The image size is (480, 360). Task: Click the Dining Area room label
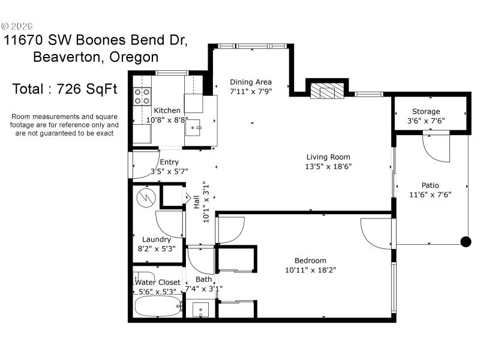251,82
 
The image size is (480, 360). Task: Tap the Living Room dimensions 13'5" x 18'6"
328,167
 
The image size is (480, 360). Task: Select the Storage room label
425,111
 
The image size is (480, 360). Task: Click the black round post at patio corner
465,242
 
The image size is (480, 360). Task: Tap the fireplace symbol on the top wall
327,92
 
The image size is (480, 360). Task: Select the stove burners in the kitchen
142,97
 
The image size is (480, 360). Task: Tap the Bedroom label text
310,260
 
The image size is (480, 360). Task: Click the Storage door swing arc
436,149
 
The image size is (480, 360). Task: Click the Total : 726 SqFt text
64,89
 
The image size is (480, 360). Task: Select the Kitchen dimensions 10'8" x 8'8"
167,120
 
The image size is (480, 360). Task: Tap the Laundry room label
156,239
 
